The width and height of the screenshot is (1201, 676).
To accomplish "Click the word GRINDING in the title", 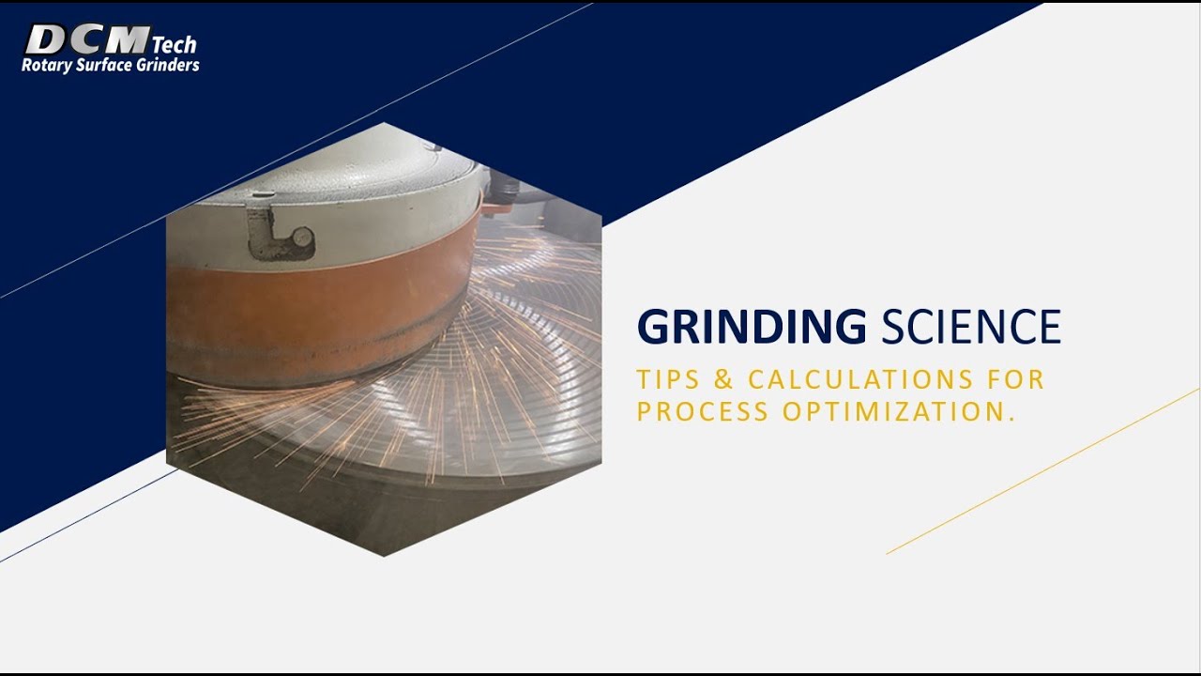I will click(752, 328).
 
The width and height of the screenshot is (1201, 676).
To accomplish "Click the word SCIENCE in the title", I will click(971, 328).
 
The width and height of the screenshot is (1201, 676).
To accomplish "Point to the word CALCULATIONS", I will click(847, 380).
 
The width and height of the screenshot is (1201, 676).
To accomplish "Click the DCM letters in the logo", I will click(86, 40).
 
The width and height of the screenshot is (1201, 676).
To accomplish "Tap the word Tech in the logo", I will click(174, 44).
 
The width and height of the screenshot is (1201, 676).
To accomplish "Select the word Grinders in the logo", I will click(170, 66).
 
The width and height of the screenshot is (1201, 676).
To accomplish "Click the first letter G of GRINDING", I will click(653, 328).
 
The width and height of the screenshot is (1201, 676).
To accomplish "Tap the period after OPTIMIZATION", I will click(1012, 419).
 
